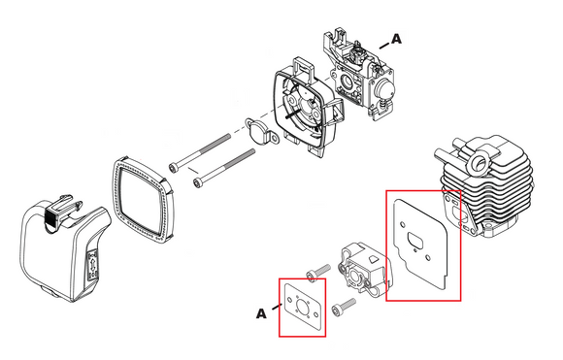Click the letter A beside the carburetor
click(396, 39)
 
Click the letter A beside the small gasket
click(261, 313)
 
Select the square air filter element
click(144, 200)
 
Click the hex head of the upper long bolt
click(174, 167)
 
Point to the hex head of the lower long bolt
click(197, 182)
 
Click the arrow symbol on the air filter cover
click(93, 266)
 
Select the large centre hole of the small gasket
click(301, 307)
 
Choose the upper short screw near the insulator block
click(318, 272)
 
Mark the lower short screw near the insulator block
click(344, 307)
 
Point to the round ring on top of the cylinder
click(478, 161)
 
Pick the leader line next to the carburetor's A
click(384, 46)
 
